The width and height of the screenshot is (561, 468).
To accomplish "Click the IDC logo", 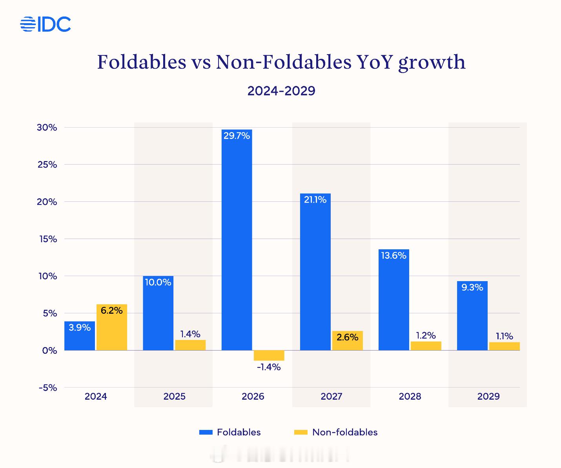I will (x=46, y=24).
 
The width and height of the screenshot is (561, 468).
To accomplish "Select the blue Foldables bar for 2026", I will (x=237, y=243).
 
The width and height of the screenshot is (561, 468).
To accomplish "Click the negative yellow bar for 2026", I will (x=269, y=355).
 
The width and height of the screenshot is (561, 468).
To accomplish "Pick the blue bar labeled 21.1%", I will (x=315, y=275).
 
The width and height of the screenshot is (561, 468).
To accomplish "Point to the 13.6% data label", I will (x=393, y=256).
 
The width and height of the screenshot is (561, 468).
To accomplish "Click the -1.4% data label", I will (x=269, y=367).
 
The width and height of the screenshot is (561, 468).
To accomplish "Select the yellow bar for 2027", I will (x=347, y=341).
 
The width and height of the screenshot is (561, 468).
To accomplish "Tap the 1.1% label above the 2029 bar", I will (x=504, y=336).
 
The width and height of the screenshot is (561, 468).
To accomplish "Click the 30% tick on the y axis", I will (x=47, y=128).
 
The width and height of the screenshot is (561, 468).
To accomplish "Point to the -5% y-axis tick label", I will (x=48, y=388).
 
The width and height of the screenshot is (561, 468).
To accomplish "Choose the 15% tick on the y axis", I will (x=47, y=239).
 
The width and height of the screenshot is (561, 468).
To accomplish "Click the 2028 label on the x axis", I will (x=410, y=397).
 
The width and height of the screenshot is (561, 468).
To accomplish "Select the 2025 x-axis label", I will (x=175, y=397).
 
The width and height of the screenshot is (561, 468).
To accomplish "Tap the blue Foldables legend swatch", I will (x=206, y=432).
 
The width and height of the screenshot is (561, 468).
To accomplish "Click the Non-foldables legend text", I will (x=345, y=432).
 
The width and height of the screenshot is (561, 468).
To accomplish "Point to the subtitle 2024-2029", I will (x=281, y=91).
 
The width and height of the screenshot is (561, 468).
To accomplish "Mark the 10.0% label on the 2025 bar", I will (x=158, y=282).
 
